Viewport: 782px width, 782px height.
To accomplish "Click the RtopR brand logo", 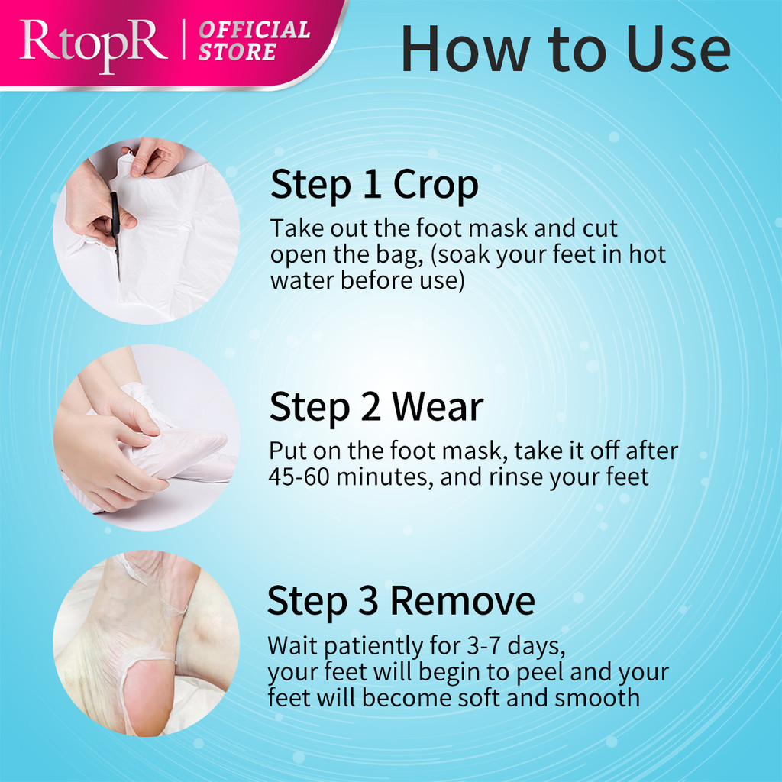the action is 93,46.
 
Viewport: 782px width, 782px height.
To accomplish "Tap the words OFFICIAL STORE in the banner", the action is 254,40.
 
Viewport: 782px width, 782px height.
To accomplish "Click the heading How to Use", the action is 566,49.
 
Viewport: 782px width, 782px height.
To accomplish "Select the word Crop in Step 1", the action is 435,186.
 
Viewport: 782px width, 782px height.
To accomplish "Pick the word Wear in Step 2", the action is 438,407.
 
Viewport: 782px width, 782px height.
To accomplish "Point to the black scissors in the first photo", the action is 116,234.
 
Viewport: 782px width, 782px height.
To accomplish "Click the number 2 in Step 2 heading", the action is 370,407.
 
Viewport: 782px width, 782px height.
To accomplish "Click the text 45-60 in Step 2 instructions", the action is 299,477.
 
